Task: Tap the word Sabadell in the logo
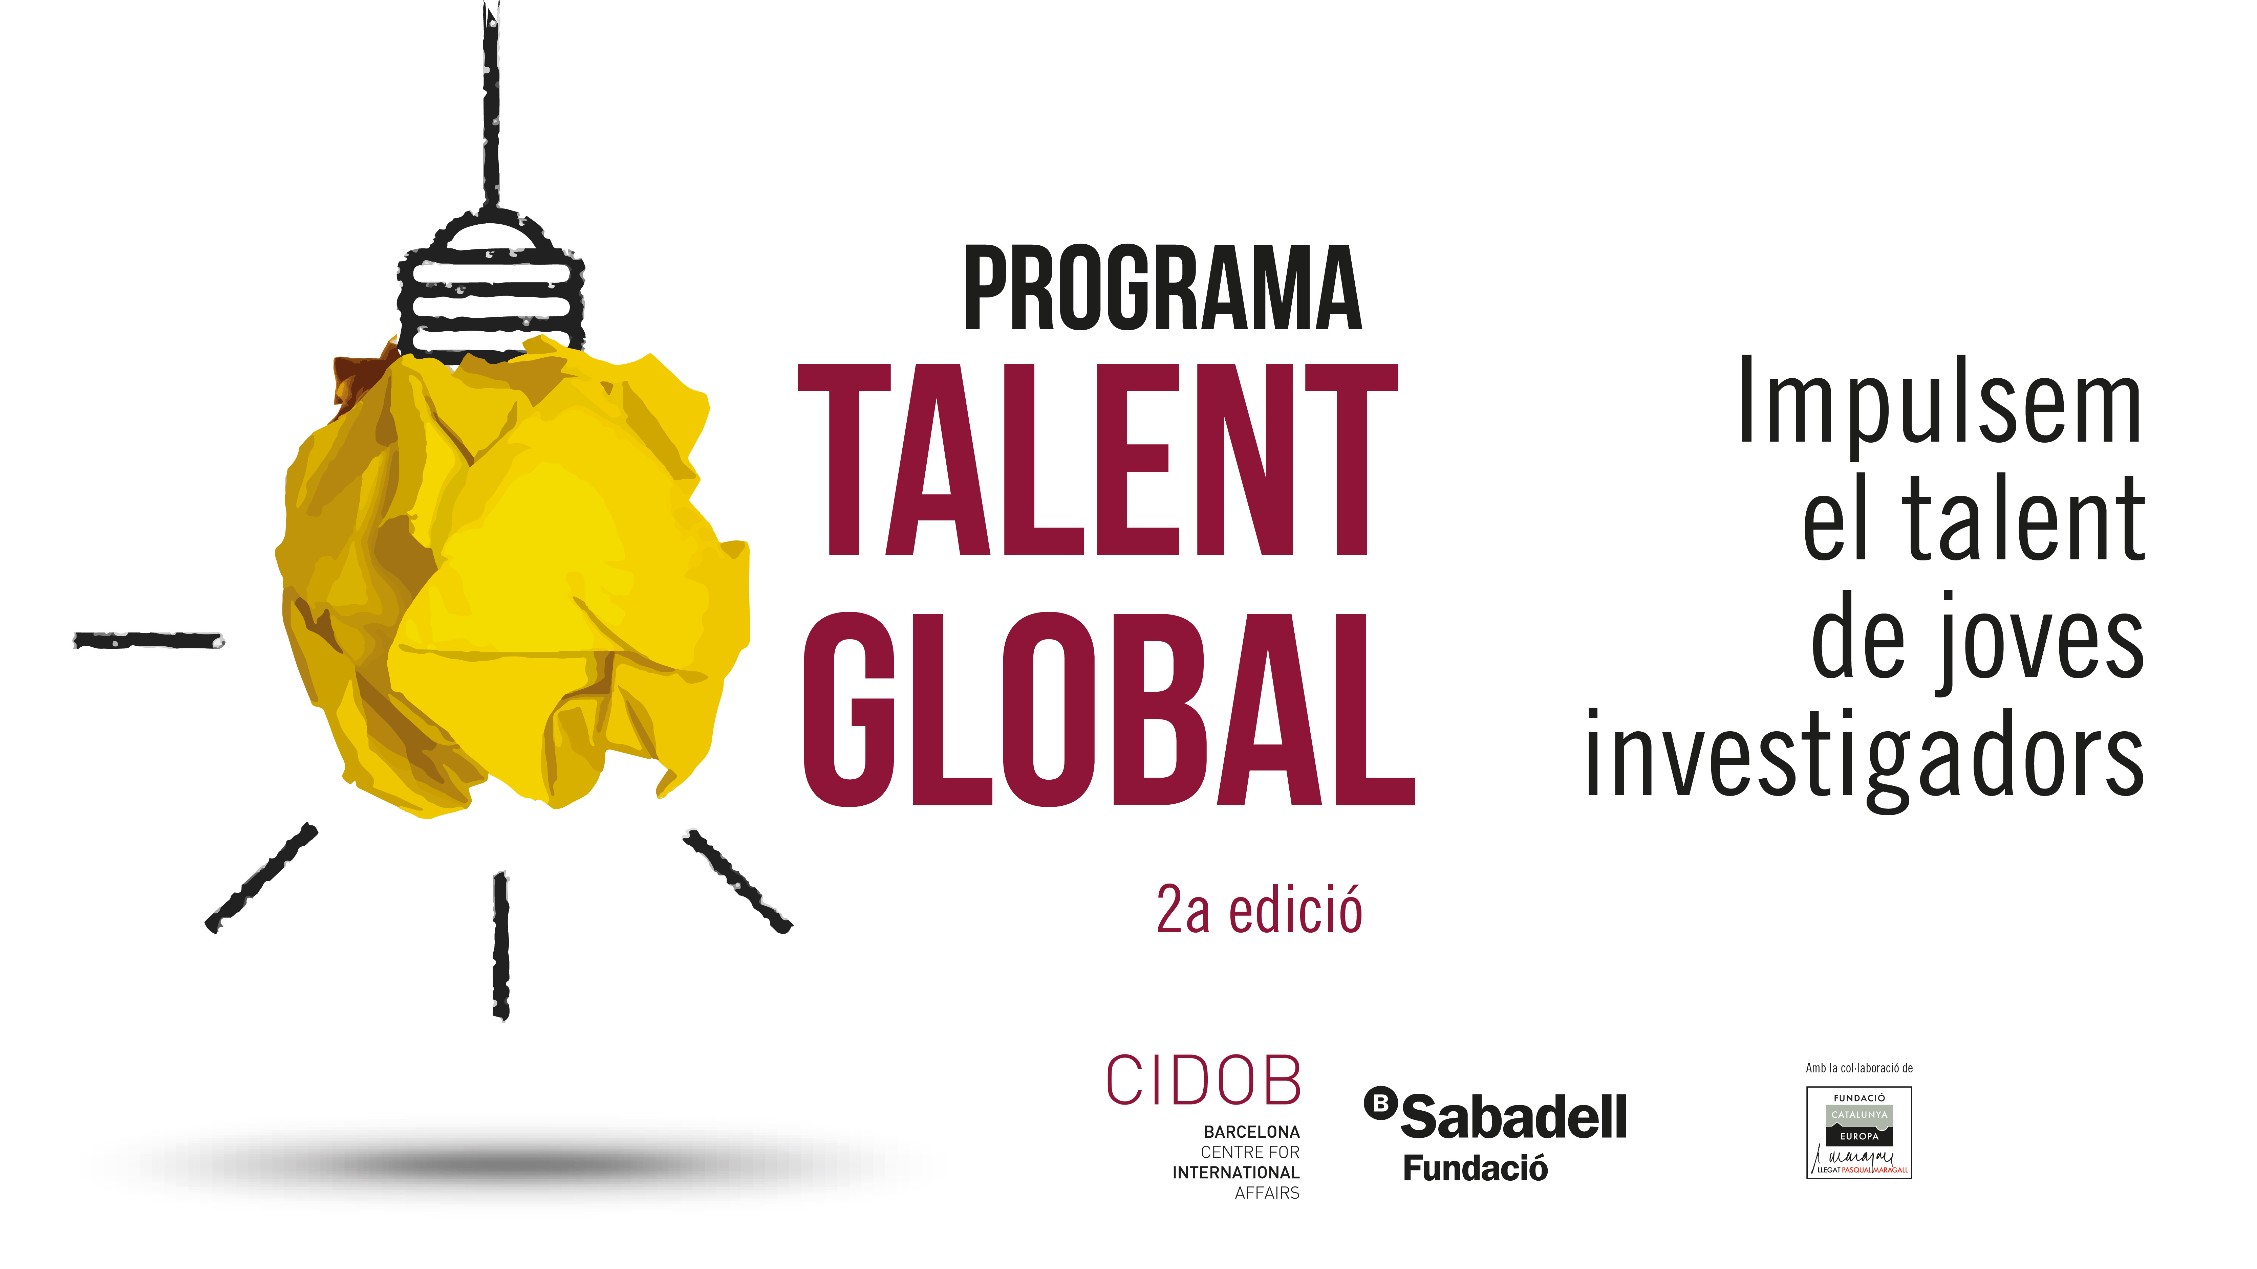tap(1513, 1117)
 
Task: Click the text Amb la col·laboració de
tap(1859, 1068)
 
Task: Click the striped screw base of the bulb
tap(491, 285)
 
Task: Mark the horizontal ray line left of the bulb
tap(149, 640)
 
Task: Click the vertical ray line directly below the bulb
tap(501, 946)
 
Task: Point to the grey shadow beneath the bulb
tap(499, 1163)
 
